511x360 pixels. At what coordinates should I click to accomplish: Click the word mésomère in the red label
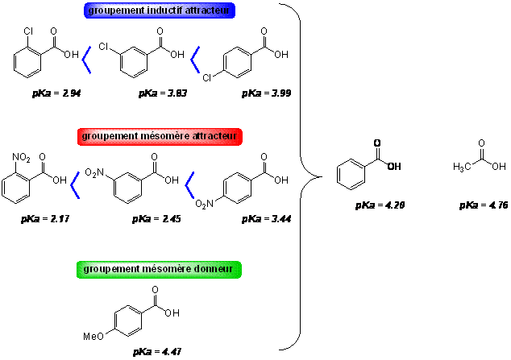pos(161,137)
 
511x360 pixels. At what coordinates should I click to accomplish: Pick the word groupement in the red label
pos(108,137)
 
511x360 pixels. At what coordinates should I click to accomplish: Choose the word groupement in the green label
pos(110,270)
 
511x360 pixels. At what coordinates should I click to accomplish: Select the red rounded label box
pos(160,137)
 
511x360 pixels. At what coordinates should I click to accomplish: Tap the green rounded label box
pos(159,270)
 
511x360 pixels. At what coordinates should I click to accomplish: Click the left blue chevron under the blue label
pos(86,60)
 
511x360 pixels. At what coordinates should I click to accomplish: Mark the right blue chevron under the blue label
pos(194,60)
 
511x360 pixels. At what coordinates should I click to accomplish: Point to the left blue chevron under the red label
pos(75,186)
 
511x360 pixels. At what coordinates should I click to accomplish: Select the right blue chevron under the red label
pos(189,186)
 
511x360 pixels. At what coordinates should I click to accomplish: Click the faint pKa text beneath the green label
pos(155,352)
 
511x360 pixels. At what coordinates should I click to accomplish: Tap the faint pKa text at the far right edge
pos(482,206)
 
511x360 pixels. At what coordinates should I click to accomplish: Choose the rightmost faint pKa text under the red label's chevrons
pos(266,219)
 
